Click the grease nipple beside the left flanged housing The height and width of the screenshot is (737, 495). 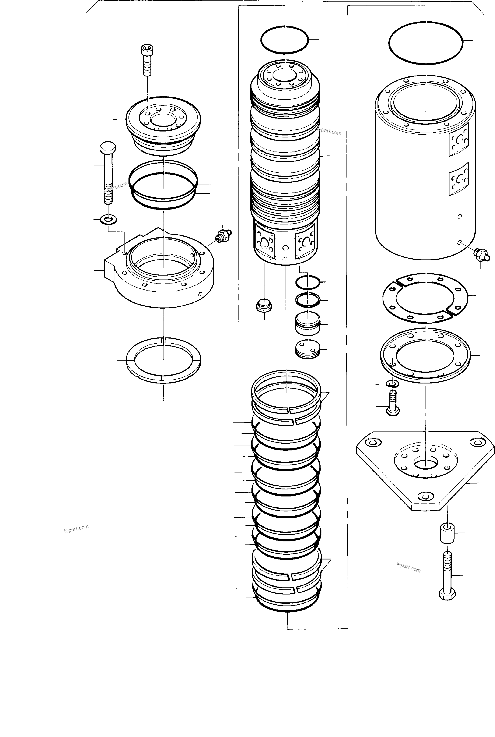point(223,236)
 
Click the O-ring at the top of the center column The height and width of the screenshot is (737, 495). point(284,40)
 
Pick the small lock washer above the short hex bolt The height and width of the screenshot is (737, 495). point(392,384)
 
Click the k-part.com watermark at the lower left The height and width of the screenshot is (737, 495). point(76,528)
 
